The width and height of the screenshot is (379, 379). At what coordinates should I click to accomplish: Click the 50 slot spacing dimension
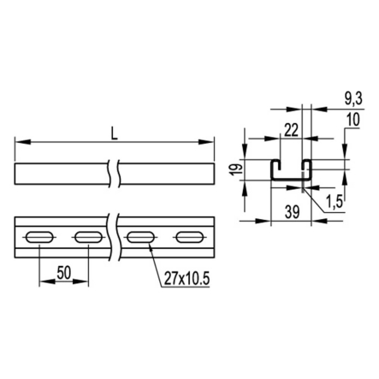pos(63,273)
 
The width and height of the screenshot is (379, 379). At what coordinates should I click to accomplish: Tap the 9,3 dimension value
pos(353,99)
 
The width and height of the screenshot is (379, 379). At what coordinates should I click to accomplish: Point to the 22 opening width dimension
pos(291,130)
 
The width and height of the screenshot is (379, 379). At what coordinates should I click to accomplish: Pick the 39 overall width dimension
pos(292,212)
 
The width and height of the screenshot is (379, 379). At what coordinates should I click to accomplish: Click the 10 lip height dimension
pos(353,120)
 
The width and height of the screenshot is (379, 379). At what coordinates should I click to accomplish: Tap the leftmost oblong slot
pos(39,238)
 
